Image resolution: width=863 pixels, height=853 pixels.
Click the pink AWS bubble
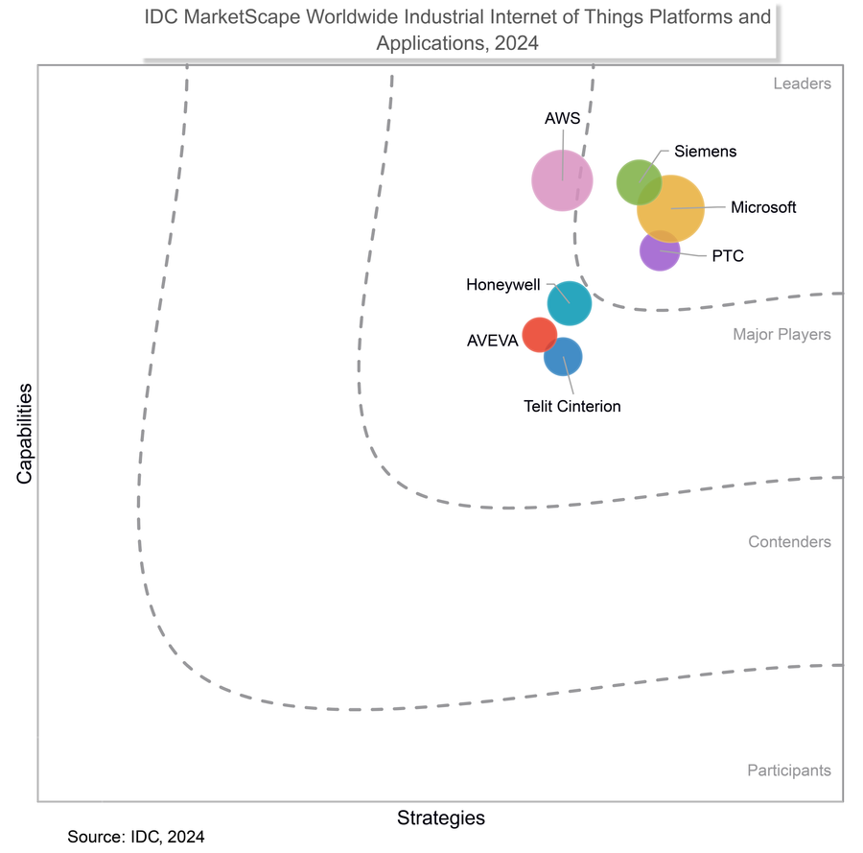pos(563,179)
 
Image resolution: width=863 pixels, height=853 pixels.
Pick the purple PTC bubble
pos(660,251)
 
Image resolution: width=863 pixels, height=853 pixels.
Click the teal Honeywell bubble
pos(570,304)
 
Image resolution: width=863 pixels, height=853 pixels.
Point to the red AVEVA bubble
pos(539,335)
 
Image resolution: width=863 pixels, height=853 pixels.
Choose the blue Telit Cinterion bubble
pos(563,358)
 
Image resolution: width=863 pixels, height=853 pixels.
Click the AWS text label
pos(562,120)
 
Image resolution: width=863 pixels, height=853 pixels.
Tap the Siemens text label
pos(706,152)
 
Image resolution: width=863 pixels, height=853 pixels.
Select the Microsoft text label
pos(763,207)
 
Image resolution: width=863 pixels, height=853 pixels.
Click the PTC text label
pos(728,256)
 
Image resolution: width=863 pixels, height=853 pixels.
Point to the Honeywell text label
pos(503,285)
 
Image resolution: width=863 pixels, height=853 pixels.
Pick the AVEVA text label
pos(492,341)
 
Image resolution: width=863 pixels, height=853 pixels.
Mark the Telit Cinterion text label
pos(572,407)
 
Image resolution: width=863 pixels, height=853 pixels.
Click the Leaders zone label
pos(803,83)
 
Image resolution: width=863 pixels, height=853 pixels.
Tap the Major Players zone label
pos(782,335)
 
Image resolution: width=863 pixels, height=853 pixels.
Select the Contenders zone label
pos(790,542)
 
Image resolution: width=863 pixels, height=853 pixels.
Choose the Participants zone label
pos(788,770)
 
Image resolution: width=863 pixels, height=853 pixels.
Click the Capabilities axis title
pos(24,434)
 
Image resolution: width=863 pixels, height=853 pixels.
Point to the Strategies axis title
pos(441,818)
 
